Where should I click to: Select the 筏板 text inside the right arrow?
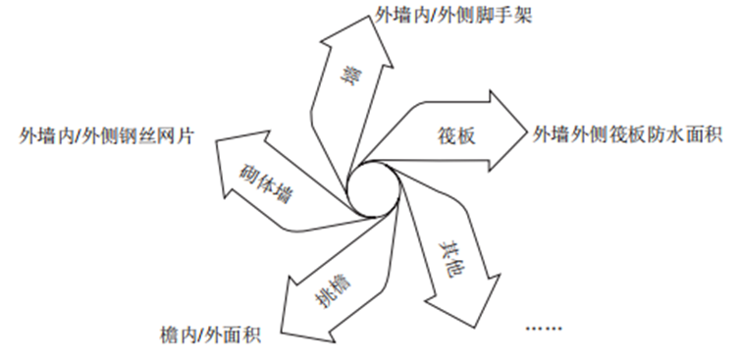pyautogui.click(x=457, y=136)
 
